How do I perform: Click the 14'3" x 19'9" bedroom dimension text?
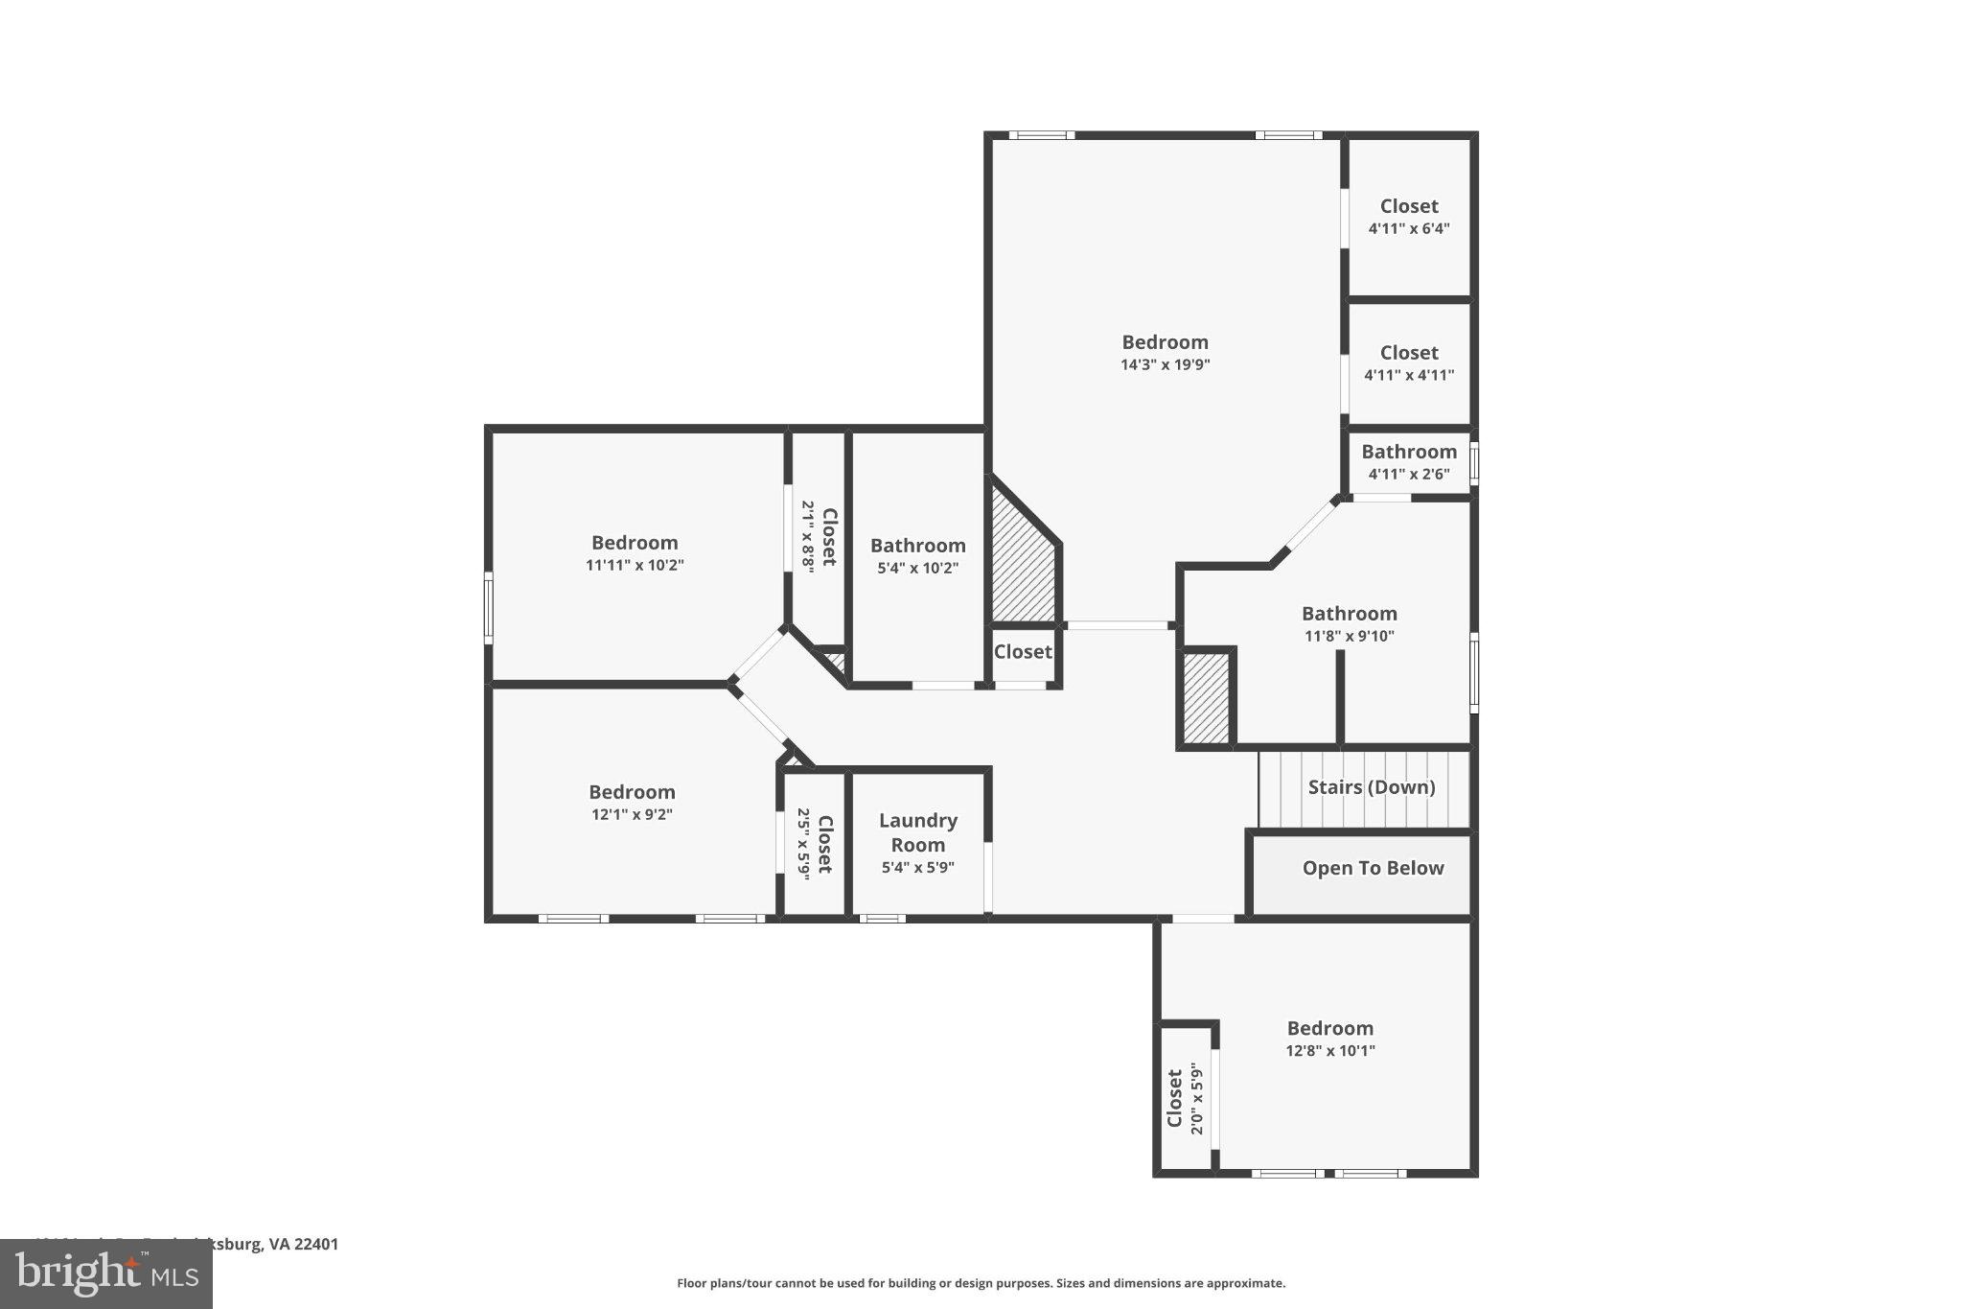(x=1165, y=364)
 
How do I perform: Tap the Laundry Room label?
(x=917, y=832)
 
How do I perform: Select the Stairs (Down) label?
(x=1371, y=787)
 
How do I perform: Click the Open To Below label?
(x=1372, y=868)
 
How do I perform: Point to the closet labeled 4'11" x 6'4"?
(x=1408, y=217)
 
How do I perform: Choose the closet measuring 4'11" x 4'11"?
(x=1408, y=362)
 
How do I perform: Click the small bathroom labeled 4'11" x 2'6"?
(x=1408, y=461)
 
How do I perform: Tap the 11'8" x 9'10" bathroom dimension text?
(x=1349, y=636)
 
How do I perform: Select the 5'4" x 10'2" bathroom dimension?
(x=917, y=568)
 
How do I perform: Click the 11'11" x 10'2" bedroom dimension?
(x=635, y=565)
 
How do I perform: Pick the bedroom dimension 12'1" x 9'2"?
(x=632, y=814)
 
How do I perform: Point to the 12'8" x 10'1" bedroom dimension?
(x=1329, y=1050)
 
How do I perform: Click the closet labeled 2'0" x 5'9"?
(x=1185, y=1099)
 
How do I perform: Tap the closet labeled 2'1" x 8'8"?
(x=819, y=537)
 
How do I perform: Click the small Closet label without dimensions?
(x=1022, y=652)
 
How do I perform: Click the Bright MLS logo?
(x=105, y=1274)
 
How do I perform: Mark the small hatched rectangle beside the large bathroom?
(x=1206, y=698)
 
